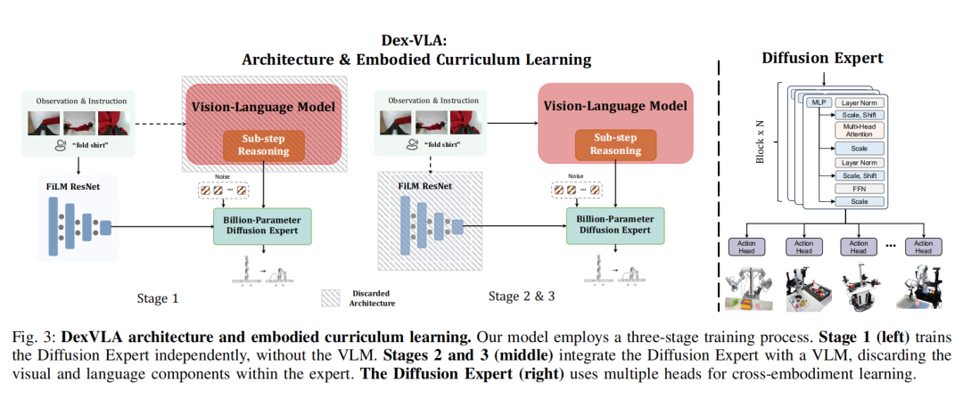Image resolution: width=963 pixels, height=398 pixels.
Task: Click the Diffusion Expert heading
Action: click(821, 59)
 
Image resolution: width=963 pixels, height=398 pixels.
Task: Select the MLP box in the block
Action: click(818, 103)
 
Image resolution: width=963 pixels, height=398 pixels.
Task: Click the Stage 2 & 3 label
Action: click(523, 295)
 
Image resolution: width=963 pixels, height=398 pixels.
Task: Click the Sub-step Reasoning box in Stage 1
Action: click(263, 145)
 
